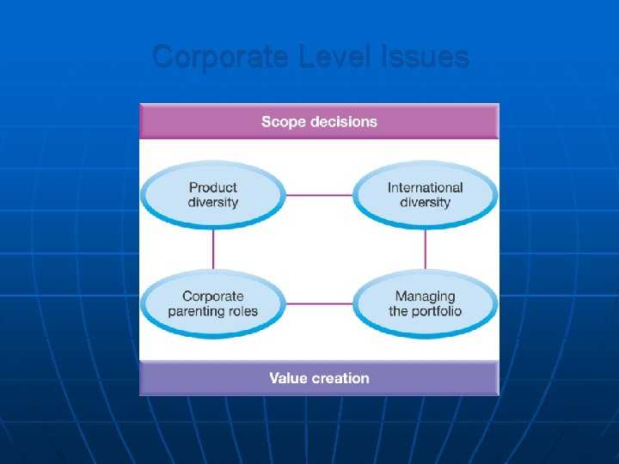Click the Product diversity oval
pos(213,195)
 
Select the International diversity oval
pos(425,195)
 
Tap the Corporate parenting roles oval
pos(213,303)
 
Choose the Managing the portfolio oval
pos(425,303)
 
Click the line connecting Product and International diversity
pos(319,195)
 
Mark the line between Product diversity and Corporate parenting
pos(213,249)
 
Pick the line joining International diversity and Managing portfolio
pos(425,249)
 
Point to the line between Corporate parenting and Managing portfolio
pos(319,303)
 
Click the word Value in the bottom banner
pos(288,378)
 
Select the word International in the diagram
pos(425,187)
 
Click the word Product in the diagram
pos(213,187)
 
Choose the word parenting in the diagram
pos(197,311)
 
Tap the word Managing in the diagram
pos(425,296)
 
